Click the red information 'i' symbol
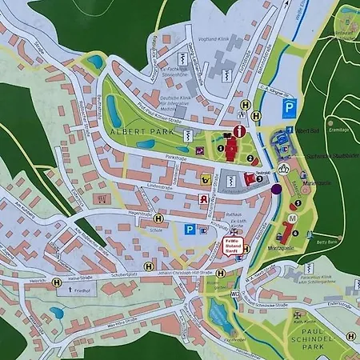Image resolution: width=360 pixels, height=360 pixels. coord(238,131)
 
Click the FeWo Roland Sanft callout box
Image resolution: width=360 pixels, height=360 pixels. coord(231,246)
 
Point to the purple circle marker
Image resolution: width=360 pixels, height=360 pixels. coord(276,190)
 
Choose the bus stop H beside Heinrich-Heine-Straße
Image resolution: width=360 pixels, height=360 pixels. coord(56,282)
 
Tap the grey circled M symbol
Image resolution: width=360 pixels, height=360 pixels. coord(293,218)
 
